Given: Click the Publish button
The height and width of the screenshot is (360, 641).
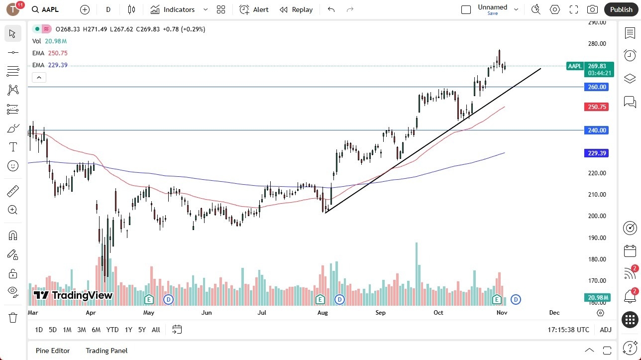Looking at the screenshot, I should [x=621, y=9].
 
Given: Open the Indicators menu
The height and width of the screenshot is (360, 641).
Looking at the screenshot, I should [x=179, y=9].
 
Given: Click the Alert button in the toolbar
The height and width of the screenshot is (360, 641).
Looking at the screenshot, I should [x=254, y=9].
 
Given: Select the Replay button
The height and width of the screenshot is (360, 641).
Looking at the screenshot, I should [x=296, y=9].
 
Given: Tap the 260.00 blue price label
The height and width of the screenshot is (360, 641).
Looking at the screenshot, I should [x=597, y=87].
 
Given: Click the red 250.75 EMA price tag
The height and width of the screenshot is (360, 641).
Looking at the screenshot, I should [x=597, y=107].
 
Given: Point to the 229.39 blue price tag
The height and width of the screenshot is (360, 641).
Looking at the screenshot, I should [x=597, y=153].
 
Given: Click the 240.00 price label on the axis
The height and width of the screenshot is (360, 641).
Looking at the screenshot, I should [x=597, y=130].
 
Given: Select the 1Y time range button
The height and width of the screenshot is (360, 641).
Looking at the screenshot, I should [x=128, y=330].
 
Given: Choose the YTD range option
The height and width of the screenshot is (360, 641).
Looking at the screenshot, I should [x=112, y=330].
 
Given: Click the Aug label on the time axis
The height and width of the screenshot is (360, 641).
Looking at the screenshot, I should [x=322, y=313].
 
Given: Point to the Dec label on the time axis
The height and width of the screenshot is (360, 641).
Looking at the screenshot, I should [x=554, y=313].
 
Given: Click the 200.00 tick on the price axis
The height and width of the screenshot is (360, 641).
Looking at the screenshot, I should [x=597, y=216].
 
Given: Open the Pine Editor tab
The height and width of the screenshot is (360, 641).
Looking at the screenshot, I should [x=53, y=351].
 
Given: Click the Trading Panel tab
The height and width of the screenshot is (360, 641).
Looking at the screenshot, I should [x=107, y=351].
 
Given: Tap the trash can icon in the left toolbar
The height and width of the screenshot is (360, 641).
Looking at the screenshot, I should [x=13, y=317].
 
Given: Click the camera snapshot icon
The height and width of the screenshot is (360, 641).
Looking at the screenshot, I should [x=592, y=9].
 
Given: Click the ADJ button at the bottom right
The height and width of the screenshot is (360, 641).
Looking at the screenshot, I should [x=606, y=330].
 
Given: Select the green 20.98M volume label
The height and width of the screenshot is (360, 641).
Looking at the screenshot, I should [x=597, y=297].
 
